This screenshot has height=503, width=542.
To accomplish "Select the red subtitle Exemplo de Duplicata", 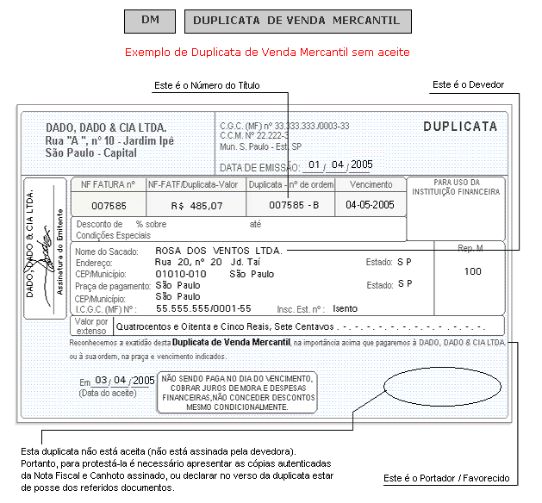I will pos(266,53).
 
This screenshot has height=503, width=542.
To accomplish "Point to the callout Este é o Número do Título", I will pos(206,85).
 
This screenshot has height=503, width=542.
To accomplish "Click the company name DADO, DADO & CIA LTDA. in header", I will pos(106,127).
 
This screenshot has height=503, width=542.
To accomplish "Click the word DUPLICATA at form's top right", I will pos(460,127).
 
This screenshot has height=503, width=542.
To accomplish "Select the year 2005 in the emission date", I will pos(361,165).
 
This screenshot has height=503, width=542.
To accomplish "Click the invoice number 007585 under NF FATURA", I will pos(109,205).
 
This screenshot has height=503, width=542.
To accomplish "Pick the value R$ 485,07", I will pos(197,205).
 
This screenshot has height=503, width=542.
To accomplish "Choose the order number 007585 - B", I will pos(294,205).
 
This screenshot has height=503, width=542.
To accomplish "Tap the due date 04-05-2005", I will pos(371,205).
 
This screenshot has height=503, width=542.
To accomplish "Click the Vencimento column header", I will pos(371,184).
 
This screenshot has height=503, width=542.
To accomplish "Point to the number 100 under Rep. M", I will pos(472,271).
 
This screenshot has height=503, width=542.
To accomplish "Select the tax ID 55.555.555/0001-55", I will pos(203,307).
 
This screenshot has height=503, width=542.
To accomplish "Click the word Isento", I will pos(346,307).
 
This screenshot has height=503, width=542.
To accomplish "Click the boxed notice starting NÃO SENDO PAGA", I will pos(238,393).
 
